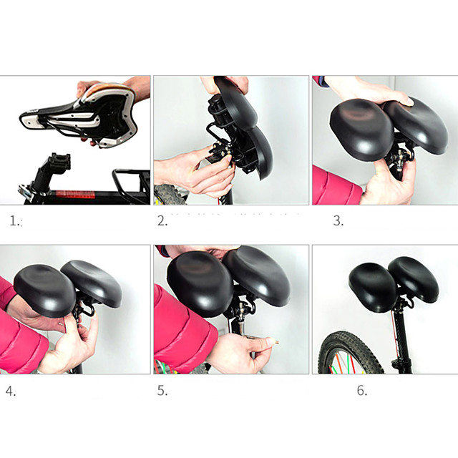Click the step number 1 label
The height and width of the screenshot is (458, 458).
click(x=16, y=221)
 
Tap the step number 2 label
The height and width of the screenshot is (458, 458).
click(x=162, y=221)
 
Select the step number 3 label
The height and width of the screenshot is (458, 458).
click(x=338, y=221)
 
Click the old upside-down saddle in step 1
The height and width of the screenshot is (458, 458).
click(x=86, y=114)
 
